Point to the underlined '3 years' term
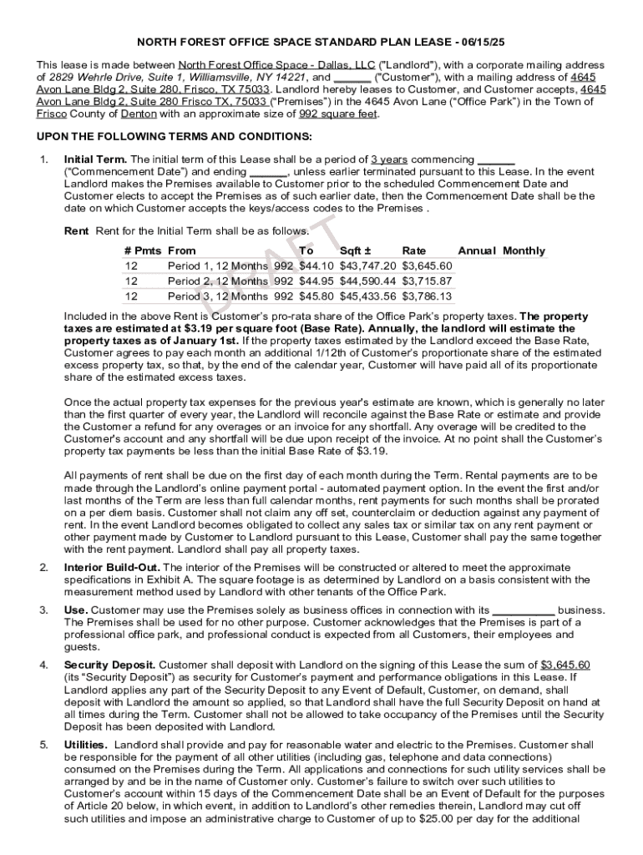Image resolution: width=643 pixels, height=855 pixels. click(389, 159)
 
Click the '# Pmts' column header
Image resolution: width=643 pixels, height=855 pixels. click(143, 250)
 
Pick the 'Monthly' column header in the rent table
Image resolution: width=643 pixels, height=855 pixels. click(524, 250)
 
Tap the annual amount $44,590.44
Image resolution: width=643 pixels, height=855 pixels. click(367, 281)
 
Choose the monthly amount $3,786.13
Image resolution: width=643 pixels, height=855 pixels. click(427, 296)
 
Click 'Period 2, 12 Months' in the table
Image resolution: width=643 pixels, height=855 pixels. click(218, 281)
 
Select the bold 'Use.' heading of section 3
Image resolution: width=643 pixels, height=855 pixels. click(76, 610)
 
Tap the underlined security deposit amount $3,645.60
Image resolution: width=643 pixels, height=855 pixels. click(565, 665)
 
